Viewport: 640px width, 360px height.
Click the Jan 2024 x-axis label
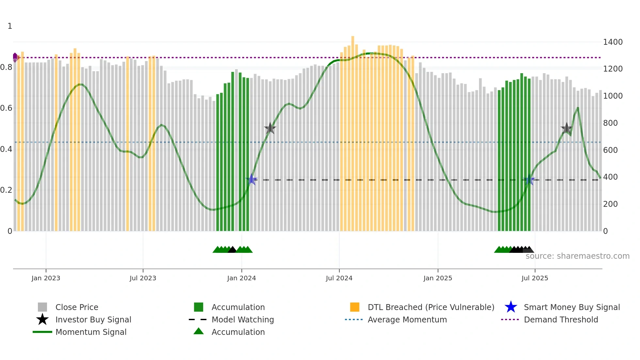[241, 278]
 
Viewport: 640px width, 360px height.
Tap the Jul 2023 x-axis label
[143, 278]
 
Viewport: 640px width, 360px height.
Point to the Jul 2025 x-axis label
[535, 278]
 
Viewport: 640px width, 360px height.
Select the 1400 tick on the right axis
[613, 42]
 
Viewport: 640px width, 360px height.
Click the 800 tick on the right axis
[610, 123]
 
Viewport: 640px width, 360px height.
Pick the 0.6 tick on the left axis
[6, 108]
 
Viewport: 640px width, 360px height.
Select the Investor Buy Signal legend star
[42, 319]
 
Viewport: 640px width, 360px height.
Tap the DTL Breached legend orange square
[355, 307]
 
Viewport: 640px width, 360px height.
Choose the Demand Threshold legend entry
[561, 319]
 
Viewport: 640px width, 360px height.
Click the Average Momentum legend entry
[407, 319]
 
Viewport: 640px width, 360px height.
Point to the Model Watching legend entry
[242, 319]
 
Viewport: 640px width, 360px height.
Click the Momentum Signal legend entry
[91, 332]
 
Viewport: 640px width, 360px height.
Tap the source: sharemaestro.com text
[577, 256]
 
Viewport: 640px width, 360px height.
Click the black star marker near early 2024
[270, 128]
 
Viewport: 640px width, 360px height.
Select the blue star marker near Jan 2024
[251, 179]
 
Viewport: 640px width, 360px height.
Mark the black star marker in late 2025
[567, 128]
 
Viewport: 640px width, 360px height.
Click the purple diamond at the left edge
[15, 57]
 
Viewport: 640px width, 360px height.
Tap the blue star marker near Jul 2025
[529, 180]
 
